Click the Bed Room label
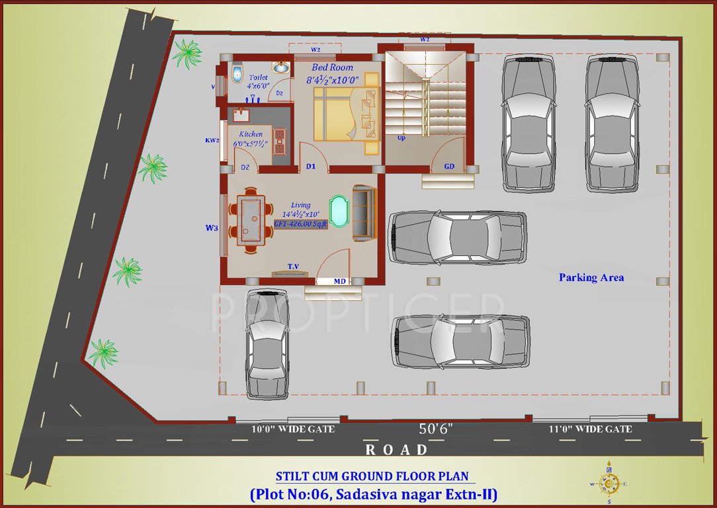(332, 67)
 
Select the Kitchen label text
(251, 134)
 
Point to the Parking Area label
(591, 278)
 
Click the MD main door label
(339, 281)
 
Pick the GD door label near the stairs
(449, 167)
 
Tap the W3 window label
(211, 228)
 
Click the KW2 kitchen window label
(212, 140)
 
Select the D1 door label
(311, 166)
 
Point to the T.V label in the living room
(293, 267)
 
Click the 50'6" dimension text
(437, 429)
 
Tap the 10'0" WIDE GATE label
(293, 429)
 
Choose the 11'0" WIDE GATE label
(590, 429)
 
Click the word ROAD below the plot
(397, 450)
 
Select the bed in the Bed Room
(345, 114)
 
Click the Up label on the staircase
(401, 138)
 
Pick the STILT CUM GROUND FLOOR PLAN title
(372, 476)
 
